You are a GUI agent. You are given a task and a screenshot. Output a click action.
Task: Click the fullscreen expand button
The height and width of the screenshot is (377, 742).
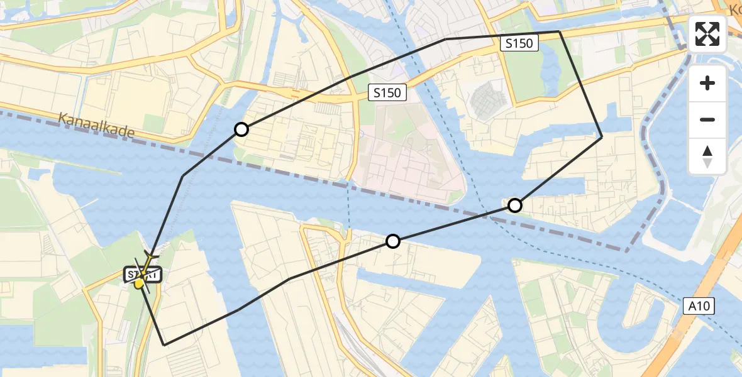[707, 34]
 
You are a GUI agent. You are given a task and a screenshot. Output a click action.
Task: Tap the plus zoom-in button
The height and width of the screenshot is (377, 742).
[707, 83]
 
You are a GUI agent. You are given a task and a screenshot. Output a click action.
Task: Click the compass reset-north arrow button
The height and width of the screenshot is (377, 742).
[707, 156]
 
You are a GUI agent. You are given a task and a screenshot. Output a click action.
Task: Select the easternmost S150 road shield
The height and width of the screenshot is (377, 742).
[520, 43]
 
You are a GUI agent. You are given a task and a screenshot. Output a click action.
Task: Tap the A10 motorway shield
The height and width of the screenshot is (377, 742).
[698, 306]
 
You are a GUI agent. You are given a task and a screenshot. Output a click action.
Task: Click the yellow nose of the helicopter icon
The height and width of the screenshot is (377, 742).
[139, 285]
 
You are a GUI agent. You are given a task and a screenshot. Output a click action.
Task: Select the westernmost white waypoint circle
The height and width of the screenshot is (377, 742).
[241, 130]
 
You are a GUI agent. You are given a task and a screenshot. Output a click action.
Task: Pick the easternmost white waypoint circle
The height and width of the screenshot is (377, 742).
[515, 205]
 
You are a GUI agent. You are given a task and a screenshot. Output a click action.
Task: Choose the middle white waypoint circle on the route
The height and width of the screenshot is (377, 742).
[393, 241]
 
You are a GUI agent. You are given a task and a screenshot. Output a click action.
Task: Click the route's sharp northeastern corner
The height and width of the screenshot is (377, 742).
[559, 31]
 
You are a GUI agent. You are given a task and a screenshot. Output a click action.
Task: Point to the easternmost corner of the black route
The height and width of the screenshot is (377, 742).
[602, 136]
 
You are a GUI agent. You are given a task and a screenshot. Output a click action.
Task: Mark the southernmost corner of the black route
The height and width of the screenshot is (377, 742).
[164, 345]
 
